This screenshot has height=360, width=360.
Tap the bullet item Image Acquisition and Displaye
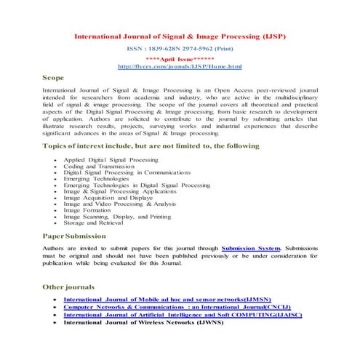pos(108,198)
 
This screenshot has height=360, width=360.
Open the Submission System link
pos(250,249)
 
